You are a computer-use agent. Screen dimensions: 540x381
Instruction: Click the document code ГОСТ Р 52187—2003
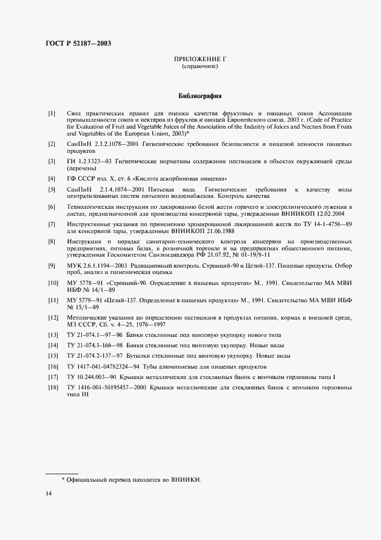click(x=78, y=44)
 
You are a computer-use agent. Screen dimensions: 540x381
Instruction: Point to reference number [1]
click(x=52, y=112)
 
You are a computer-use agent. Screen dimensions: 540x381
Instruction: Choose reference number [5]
click(x=52, y=189)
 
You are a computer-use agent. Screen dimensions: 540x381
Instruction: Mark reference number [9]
click(x=52, y=265)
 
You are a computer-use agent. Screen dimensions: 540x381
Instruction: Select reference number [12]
click(x=53, y=317)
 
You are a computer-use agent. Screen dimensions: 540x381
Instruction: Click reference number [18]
click(x=53, y=388)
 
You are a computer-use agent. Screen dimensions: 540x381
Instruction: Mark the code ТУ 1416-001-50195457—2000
click(x=105, y=388)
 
